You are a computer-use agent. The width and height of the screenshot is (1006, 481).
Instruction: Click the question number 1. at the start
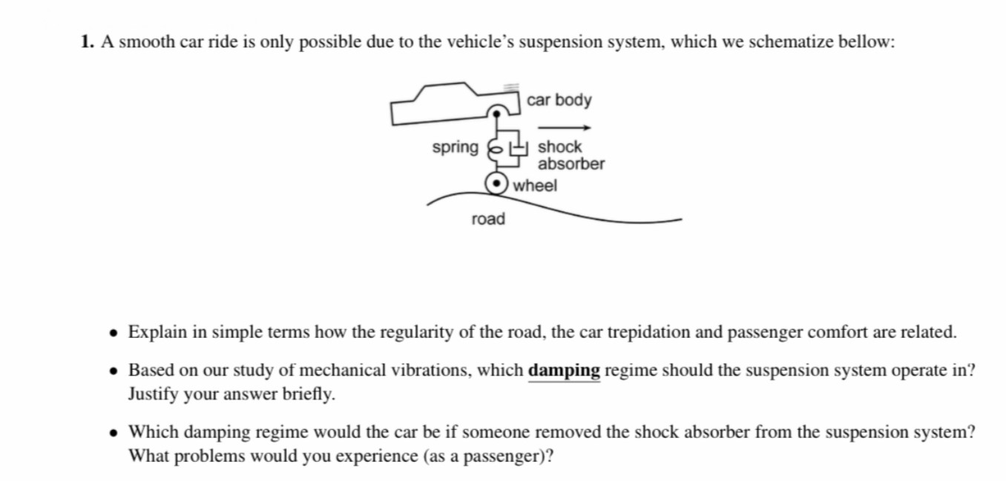87,42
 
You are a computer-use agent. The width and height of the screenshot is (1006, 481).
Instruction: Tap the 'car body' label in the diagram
559,100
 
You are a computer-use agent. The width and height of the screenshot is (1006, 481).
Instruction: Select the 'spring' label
456,147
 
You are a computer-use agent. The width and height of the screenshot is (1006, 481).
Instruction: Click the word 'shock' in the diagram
559,147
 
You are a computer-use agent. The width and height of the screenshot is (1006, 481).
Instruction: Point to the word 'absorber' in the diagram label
571,164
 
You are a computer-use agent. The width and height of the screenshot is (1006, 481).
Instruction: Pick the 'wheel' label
535,185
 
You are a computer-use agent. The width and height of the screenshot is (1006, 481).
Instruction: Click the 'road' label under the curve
488,219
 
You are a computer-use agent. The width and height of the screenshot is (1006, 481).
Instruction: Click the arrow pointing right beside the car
564,128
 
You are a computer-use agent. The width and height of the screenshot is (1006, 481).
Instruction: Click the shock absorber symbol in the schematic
518,148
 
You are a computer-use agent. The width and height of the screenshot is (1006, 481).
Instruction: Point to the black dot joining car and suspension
496,114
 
